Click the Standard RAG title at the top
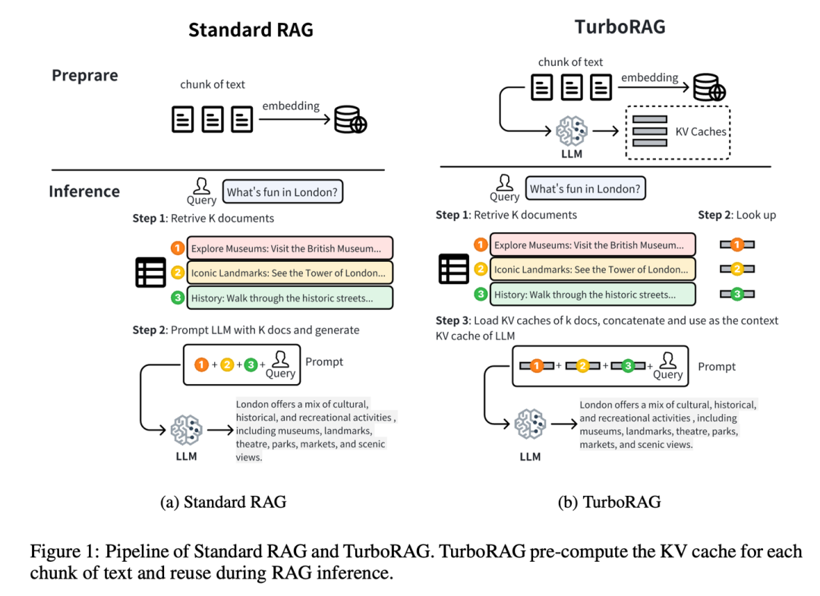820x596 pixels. pos(251,30)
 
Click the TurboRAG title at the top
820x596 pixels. pos(620,27)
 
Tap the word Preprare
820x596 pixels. pos(85,76)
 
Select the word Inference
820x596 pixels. pos(84,191)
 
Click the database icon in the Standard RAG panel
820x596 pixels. pos(350,120)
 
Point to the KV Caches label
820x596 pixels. pos(701,132)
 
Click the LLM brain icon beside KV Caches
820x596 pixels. pos(572,131)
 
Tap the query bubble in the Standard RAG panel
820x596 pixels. pos(283,192)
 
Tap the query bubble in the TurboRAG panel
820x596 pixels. pos(585,188)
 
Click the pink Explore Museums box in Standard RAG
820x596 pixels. pos(290,248)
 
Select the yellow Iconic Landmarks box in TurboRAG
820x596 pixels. pos(592,270)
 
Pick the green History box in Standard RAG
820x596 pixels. pos(290,298)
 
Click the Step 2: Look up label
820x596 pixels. pos(736,215)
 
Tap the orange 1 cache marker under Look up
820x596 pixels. pos(736,244)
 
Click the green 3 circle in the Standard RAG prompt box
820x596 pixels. pos(251,364)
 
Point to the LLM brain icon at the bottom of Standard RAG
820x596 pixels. pos(187,430)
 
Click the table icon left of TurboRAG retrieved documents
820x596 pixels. pos(454,269)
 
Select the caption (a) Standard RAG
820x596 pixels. pos(223,502)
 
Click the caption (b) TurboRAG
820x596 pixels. pos(609,502)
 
